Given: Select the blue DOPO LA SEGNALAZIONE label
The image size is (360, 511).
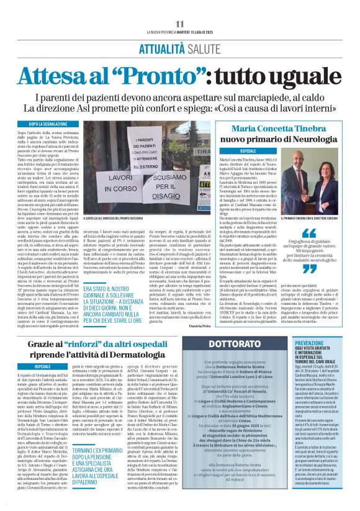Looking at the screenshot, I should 43,125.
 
